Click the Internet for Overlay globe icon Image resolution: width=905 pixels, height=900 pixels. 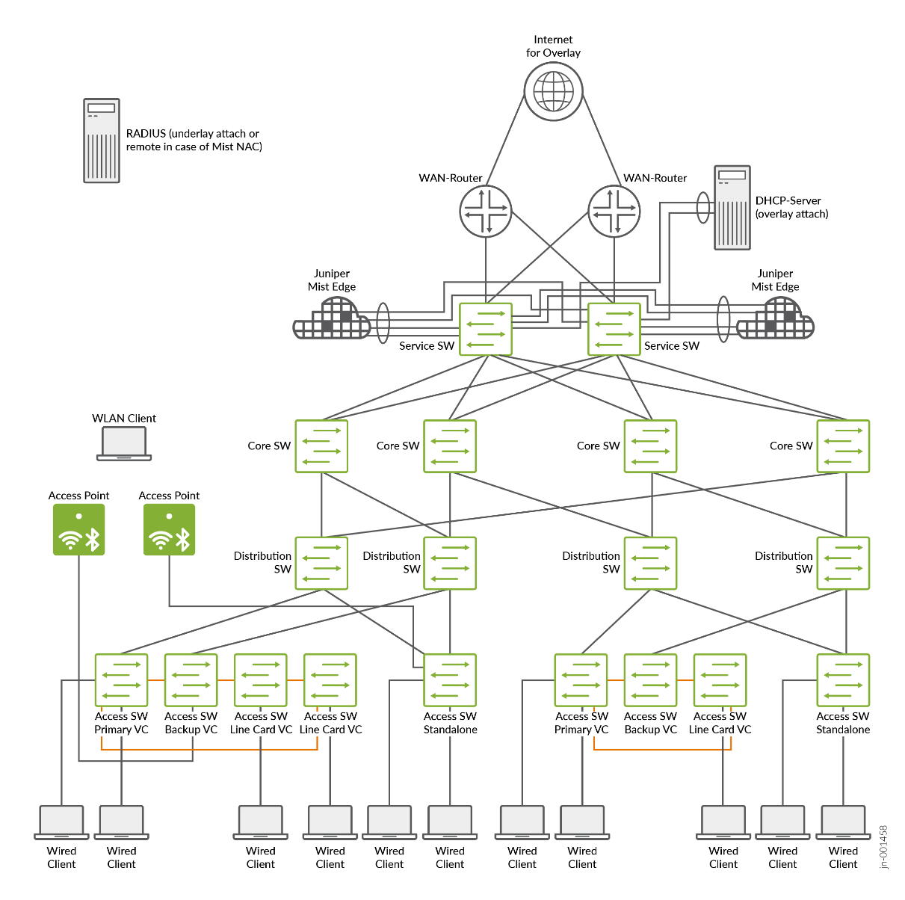coord(553,92)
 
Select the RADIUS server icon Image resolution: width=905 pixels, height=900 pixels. coord(102,141)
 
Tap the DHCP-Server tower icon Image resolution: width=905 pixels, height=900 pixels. coord(732,207)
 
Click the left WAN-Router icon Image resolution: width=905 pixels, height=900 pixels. coord(486,211)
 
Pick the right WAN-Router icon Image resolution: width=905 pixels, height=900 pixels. coord(614,211)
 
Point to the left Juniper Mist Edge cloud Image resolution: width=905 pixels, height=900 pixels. coord(333,320)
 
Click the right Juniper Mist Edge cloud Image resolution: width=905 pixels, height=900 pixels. coord(776,320)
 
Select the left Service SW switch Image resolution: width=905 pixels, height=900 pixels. coord(486,329)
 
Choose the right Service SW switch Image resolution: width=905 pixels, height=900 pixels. coord(614,329)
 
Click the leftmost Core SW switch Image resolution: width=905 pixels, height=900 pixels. coord(321,446)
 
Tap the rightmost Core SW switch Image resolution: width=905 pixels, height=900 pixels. coord(843,446)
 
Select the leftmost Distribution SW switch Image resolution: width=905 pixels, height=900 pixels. coord(321,563)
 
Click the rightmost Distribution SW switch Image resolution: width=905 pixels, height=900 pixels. coord(843,563)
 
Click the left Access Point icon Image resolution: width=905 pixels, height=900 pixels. coord(78,529)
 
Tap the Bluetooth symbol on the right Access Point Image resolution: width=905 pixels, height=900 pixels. coord(183,539)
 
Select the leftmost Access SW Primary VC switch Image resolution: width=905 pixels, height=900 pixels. coord(121,680)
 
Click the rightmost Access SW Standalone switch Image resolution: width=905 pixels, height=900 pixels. coord(843,680)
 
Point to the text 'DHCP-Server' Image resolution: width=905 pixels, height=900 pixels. coord(788,200)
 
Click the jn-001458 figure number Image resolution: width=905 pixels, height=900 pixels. coord(884,847)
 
